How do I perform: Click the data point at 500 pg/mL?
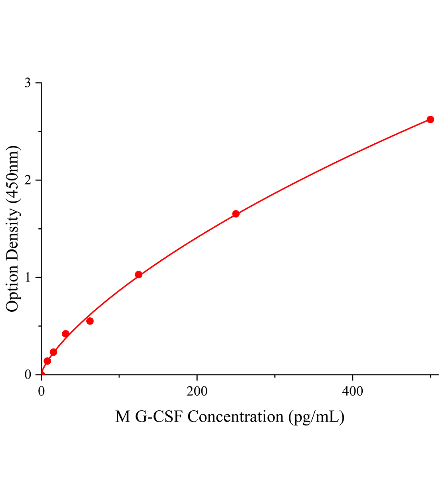click(430, 119)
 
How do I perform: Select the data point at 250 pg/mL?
click(236, 214)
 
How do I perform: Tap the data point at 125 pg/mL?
click(139, 274)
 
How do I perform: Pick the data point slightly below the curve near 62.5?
click(90, 321)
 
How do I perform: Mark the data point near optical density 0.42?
click(66, 334)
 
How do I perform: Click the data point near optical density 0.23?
click(54, 352)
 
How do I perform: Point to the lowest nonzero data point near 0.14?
click(47, 361)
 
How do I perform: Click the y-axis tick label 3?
click(28, 83)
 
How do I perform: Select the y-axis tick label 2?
click(28, 180)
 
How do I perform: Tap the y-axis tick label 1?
click(28, 277)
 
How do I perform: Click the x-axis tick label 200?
click(197, 391)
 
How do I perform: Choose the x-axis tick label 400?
click(353, 391)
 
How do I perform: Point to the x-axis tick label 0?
click(42, 391)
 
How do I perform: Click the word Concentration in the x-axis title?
click(235, 417)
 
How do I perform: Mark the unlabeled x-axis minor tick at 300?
click(275, 376)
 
